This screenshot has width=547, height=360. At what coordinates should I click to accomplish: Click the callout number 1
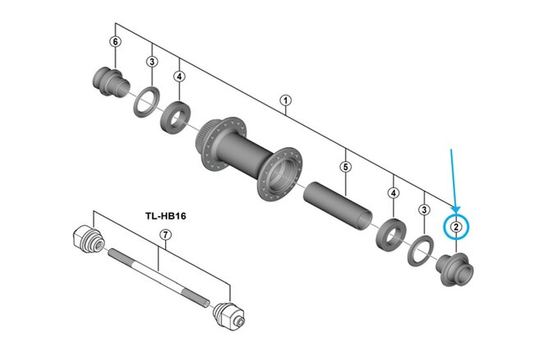pyautogui.click(x=286, y=102)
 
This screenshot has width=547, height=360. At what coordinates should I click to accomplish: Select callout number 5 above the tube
pyautogui.click(x=345, y=167)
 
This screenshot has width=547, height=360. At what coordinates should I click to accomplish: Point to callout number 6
pyautogui.click(x=115, y=42)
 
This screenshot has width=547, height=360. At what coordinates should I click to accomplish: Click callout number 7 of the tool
pyautogui.click(x=164, y=235)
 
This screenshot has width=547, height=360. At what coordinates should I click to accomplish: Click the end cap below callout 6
pyautogui.click(x=109, y=81)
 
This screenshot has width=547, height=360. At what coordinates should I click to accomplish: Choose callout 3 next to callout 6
pyautogui.click(x=152, y=61)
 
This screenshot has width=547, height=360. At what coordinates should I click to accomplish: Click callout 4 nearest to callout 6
pyautogui.click(x=178, y=77)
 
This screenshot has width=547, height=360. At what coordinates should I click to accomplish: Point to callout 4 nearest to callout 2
pyautogui.click(x=393, y=193)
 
